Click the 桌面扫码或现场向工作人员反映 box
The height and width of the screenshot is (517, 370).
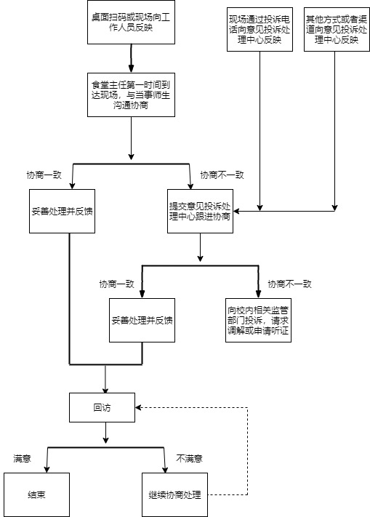coord(131,22)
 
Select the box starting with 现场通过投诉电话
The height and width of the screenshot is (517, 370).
coord(260,29)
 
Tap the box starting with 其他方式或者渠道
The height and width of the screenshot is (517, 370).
coord(337,29)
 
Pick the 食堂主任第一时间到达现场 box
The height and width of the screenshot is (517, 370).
coord(131,95)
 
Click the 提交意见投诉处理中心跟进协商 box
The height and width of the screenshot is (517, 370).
coord(200,211)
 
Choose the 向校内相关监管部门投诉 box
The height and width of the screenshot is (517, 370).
coord(258,320)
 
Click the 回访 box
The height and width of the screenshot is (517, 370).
coord(102,407)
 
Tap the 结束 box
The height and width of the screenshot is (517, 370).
coord(36,494)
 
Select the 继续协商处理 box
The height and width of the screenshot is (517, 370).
coord(174,494)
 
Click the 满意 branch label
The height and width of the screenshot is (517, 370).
coord(22,458)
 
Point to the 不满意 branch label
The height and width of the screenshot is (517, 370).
coord(189,458)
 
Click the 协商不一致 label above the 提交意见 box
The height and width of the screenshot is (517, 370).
coord(222,175)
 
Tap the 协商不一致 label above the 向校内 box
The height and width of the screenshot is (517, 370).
coord(289,284)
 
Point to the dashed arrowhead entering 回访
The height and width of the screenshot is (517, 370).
coord(138,407)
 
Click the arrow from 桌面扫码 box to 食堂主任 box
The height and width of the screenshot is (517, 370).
coord(131,58)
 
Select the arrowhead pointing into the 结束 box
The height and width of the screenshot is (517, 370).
coord(47,470)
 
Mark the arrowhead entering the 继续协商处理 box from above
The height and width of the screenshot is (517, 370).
coord(165,470)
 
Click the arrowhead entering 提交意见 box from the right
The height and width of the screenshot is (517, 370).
coord(236,211)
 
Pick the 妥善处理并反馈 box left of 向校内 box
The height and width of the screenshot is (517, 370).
coord(142,320)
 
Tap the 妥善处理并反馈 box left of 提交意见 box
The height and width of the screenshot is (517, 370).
coord(62,211)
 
